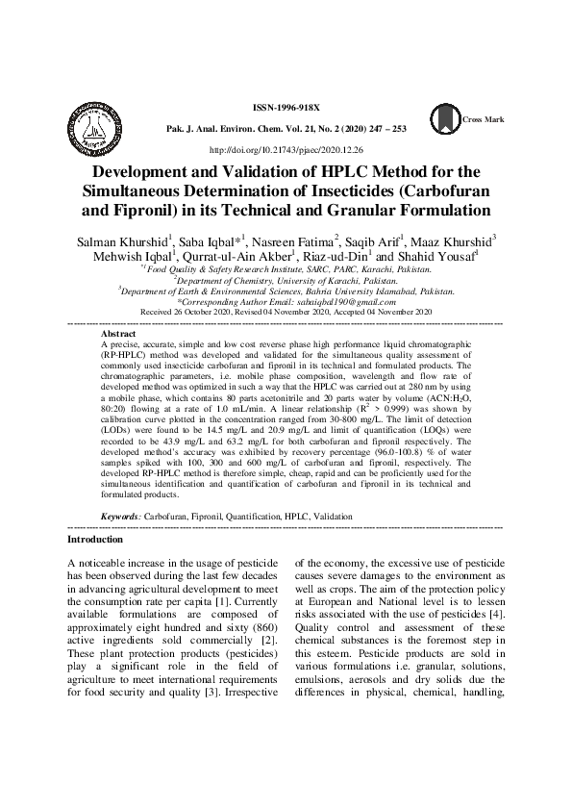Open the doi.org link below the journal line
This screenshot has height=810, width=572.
[286, 151]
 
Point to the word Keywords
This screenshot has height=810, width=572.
[120, 517]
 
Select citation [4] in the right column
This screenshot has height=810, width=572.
[495, 614]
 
